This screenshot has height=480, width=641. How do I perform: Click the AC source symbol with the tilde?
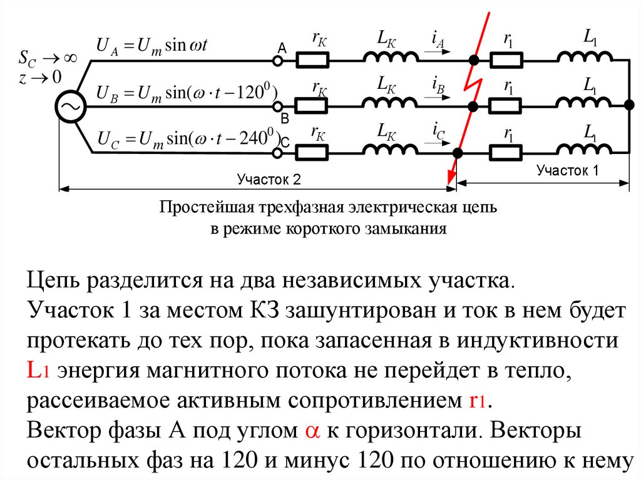(69, 108)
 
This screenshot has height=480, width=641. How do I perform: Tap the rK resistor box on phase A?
(312, 60)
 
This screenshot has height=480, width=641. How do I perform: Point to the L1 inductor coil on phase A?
(585, 58)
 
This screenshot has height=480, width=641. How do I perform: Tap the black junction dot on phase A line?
(474, 61)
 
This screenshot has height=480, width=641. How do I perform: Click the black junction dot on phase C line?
(458, 152)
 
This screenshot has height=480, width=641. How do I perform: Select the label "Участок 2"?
(269, 180)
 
